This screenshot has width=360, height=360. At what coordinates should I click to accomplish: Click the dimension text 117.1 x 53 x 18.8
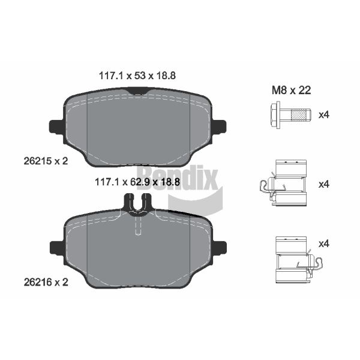pyautogui.click(x=137, y=76)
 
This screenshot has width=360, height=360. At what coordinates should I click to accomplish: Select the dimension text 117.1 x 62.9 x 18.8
pyautogui.click(x=137, y=182)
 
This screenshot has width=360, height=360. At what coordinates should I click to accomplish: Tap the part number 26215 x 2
pyautogui.click(x=46, y=161)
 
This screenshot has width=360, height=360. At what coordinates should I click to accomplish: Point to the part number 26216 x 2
pyautogui.click(x=46, y=282)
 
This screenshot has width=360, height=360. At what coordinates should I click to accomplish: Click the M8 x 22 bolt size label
pyautogui.click(x=292, y=90)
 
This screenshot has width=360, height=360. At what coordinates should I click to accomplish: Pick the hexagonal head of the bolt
pyautogui.click(x=275, y=115)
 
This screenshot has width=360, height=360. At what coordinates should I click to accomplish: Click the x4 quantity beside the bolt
pyautogui.click(x=324, y=115)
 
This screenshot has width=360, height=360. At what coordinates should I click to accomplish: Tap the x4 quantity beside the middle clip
pyautogui.click(x=324, y=184)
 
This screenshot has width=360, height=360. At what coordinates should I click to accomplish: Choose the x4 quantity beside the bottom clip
pyautogui.click(x=324, y=244)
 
